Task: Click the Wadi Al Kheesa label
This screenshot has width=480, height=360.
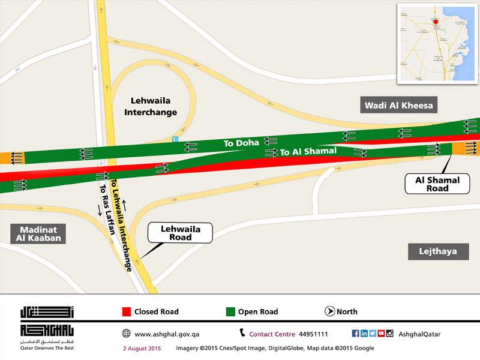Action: coord(398,106)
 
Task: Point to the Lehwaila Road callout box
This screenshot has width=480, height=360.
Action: coord(179,233)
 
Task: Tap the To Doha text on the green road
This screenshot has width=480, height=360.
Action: coord(241,143)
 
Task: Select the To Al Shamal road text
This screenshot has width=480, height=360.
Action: coord(308,152)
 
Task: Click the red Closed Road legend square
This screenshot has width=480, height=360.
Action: coord(126,311)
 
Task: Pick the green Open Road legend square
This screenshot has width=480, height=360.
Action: coord(229,311)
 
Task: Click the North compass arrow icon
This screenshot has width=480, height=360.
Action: coord(329,311)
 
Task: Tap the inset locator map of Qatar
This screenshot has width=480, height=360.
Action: coord(436,44)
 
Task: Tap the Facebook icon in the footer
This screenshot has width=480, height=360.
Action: coord(355,334)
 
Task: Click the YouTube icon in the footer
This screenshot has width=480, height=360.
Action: coord(381,334)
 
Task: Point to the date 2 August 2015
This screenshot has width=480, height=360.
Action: coord(142,348)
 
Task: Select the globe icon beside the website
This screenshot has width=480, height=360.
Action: coord(126,334)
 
